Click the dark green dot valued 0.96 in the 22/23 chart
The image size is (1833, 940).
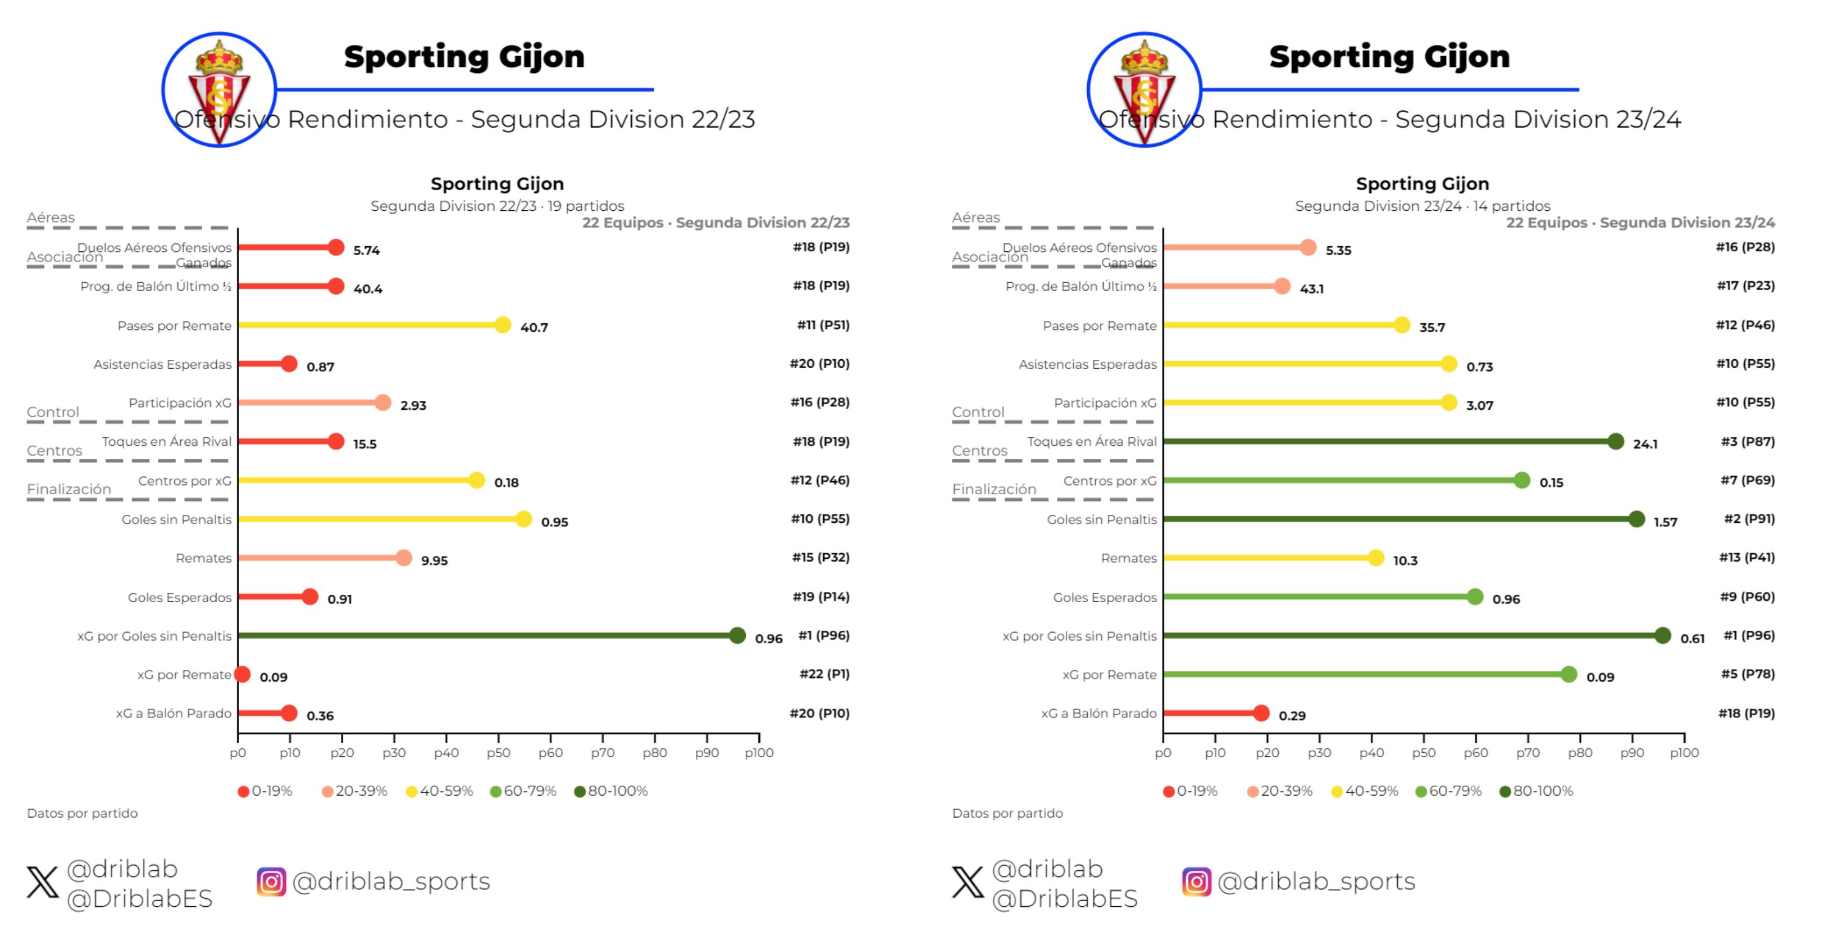tap(737, 635)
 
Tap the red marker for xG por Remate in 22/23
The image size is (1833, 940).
tap(243, 675)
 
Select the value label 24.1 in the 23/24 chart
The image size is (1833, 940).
tap(1645, 444)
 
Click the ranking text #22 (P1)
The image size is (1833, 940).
tap(824, 674)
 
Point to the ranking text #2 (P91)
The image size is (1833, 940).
tap(1749, 518)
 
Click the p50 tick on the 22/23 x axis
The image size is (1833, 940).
tap(498, 753)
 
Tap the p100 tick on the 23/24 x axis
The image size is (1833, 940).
tap(1684, 753)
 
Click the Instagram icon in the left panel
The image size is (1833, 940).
tap(271, 882)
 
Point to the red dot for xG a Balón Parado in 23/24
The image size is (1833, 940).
tap(1261, 713)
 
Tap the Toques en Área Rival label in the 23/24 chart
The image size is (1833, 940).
tap(1092, 441)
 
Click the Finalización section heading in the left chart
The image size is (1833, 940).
tap(69, 489)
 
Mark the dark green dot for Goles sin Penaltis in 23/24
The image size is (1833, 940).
tap(1636, 519)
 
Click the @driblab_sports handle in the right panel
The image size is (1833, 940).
tap(1316, 882)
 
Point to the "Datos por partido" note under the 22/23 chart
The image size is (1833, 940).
tap(83, 814)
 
